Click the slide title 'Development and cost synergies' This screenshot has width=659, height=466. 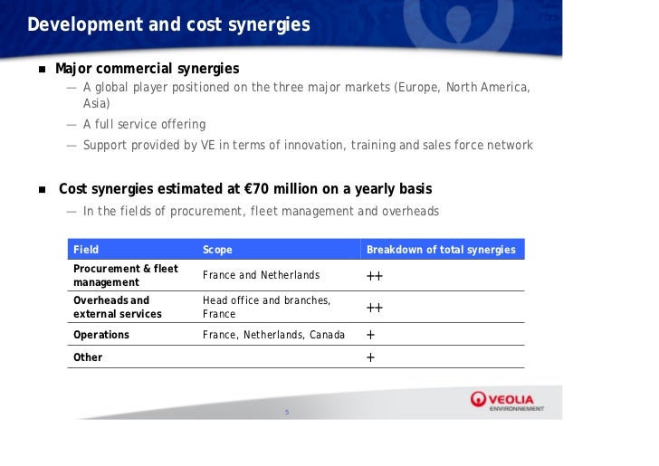168,24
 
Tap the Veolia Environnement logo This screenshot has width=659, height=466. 507,401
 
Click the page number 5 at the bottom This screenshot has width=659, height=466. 286,414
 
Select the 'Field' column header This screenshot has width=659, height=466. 86,250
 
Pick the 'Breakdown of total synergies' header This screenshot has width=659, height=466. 441,250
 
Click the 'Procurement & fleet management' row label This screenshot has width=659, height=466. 125,275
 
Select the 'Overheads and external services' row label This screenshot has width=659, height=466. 117,307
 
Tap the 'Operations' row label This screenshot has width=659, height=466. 100,335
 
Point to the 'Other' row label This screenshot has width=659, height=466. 88,357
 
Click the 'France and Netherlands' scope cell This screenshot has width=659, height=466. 261,275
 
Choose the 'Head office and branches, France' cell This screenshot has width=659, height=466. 266,307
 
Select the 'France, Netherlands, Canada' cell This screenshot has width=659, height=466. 273,335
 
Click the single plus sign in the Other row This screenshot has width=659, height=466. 370,357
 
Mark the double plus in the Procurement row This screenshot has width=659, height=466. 375,276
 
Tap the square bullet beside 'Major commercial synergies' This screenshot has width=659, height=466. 42,70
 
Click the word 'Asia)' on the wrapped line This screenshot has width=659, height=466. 97,104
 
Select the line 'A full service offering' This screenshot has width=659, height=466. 144,124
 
